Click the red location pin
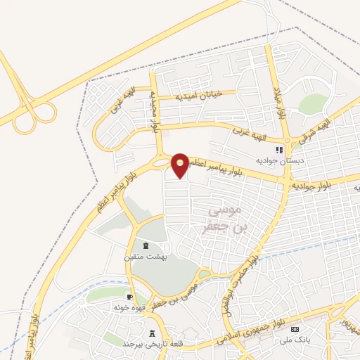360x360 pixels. click(181, 165)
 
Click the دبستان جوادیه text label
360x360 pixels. click(280, 161)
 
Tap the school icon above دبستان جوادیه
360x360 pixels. click(279, 150)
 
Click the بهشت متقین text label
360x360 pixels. click(145, 257)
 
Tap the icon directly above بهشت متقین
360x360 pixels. click(146, 245)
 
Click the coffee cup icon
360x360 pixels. click(129, 297)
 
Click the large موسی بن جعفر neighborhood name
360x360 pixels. click(225, 219)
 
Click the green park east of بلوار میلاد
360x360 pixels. click(313, 104)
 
